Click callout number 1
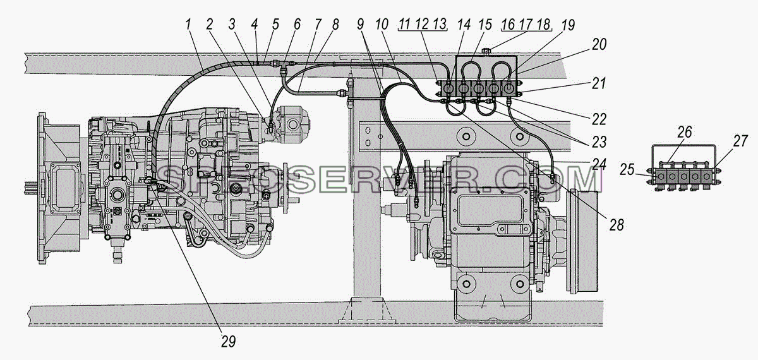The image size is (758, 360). (x=188, y=25)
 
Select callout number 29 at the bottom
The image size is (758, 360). (x=229, y=342)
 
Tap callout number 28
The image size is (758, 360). (x=617, y=225)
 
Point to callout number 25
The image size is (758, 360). (x=627, y=169)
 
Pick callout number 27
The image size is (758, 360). (x=740, y=141)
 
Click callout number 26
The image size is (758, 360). (x=685, y=132)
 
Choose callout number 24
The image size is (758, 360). (x=599, y=164)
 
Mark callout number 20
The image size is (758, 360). (x=599, y=45)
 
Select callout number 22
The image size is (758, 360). (x=599, y=119)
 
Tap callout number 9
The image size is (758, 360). (x=361, y=25)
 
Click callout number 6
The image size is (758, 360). (x=297, y=25)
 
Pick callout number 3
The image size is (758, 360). (x=232, y=25)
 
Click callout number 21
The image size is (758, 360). (x=599, y=83)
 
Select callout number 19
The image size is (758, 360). (x=568, y=25)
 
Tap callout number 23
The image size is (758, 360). (x=599, y=142)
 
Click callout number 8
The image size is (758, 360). (x=335, y=25)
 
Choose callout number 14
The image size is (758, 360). (x=464, y=25)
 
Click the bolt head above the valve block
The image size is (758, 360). (x=485, y=51)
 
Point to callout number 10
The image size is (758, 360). (x=382, y=25)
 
